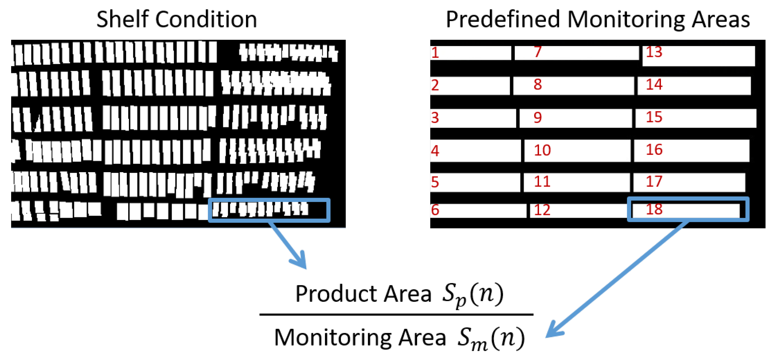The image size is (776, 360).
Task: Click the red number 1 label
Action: [x=435, y=53]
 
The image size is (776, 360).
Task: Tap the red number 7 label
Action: [x=538, y=51]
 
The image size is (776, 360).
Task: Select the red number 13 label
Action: [x=654, y=52]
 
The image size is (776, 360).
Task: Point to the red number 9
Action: [x=538, y=117]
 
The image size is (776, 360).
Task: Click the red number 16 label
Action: [x=654, y=149]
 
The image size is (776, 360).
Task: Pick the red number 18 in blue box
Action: [x=654, y=209]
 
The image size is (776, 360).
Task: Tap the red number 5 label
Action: [x=435, y=182]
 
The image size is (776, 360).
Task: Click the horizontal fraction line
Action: [x=396, y=314]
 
